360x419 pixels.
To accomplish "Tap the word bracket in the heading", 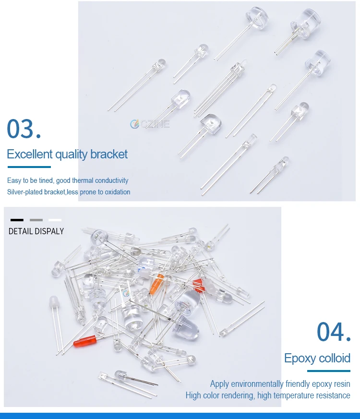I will [x=109, y=154].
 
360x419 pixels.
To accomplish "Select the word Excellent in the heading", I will [x=29, y=154].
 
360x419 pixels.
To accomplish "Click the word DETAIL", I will [x=21, y=231].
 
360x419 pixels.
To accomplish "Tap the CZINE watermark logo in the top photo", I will [x=150, y=124].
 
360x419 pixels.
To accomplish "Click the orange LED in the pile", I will [x=157, y=284].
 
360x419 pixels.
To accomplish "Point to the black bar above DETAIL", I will [x=17, y=220].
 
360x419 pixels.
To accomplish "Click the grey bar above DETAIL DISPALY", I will [x=36, y=220].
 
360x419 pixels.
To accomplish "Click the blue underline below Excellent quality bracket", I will [x=29, y=167].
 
